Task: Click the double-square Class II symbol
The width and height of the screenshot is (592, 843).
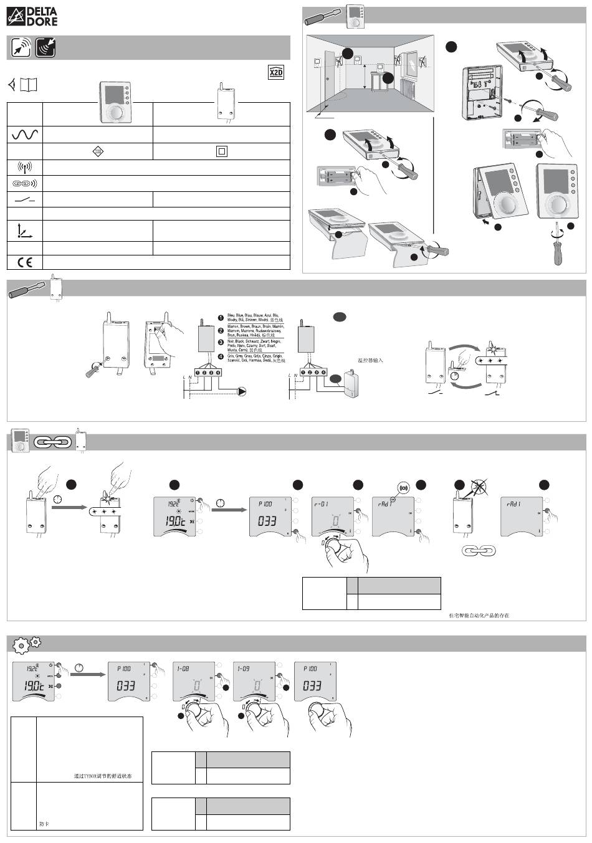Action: (x=221, y=151)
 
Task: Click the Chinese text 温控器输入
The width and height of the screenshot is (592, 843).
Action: (x=370, y=360)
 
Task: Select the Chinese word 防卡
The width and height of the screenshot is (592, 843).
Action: (x=44, y=824)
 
